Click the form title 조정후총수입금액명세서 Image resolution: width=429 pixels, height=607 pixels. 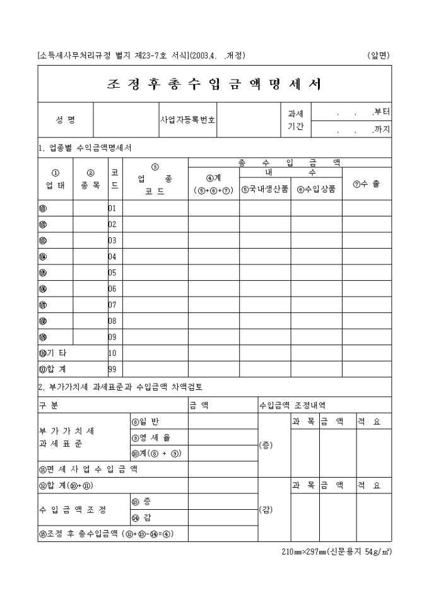[214, 84]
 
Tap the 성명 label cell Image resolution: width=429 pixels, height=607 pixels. [66, 119]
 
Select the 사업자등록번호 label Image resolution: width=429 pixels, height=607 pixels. [187, 119]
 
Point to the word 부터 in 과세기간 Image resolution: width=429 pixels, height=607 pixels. [382, 112]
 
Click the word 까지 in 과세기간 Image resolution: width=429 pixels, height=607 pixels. [382, 129]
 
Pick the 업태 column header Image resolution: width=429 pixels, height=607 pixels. [55, 179]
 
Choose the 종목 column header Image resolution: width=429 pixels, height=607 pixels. [90, 179]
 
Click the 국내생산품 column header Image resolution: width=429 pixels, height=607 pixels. [265, 188]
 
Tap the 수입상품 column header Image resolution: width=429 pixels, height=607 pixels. [316, 188]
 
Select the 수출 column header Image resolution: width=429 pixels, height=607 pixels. [367, 184]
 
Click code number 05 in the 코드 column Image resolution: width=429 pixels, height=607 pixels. [112, 273]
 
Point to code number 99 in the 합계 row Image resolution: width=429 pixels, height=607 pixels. [112, 368]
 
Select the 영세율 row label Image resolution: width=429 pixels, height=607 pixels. [150, 437]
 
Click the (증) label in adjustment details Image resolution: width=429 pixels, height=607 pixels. [266, 445]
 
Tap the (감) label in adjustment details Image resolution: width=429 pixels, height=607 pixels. [266, 510]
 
